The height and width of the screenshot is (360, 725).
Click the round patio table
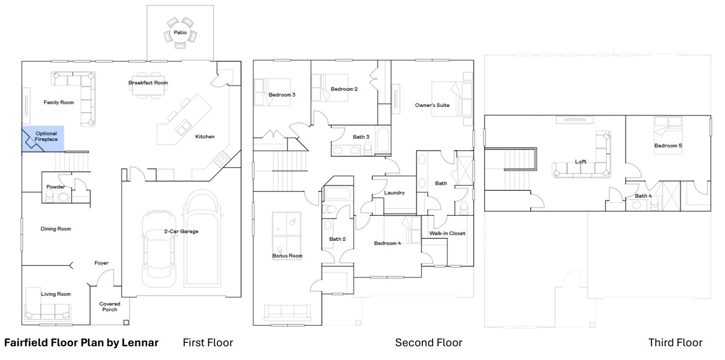coord(181,33)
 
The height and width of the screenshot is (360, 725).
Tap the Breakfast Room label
coord(148,83)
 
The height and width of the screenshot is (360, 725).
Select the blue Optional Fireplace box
coord(43,139)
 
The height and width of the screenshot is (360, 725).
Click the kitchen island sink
coord(183,127)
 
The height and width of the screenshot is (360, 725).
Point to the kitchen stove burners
coord(221,159)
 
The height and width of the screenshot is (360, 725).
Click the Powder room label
coord(55,187)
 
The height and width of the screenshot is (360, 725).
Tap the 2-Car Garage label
coord(181,231)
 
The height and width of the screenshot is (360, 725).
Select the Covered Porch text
coord(110,307)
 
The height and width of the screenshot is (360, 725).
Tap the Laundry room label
coord(394,193)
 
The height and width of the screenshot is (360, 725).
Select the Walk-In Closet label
coord(447,233)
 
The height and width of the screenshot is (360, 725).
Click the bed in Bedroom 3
coord(272,92)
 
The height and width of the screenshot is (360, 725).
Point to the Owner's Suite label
coord(432,105)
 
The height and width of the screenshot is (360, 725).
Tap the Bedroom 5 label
coord(668,146)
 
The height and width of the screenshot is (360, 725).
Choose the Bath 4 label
coord(643,196)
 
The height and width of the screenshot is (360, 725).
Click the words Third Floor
coord(675,343)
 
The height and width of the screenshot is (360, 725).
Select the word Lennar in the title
coord(140,343)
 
